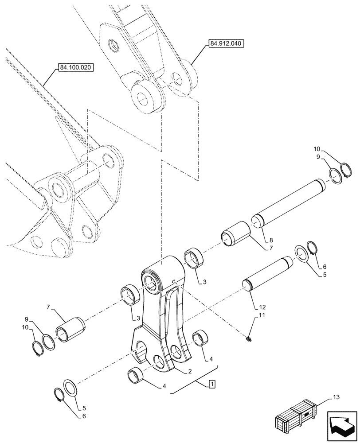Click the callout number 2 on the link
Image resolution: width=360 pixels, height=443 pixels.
[x=189, y=371]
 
